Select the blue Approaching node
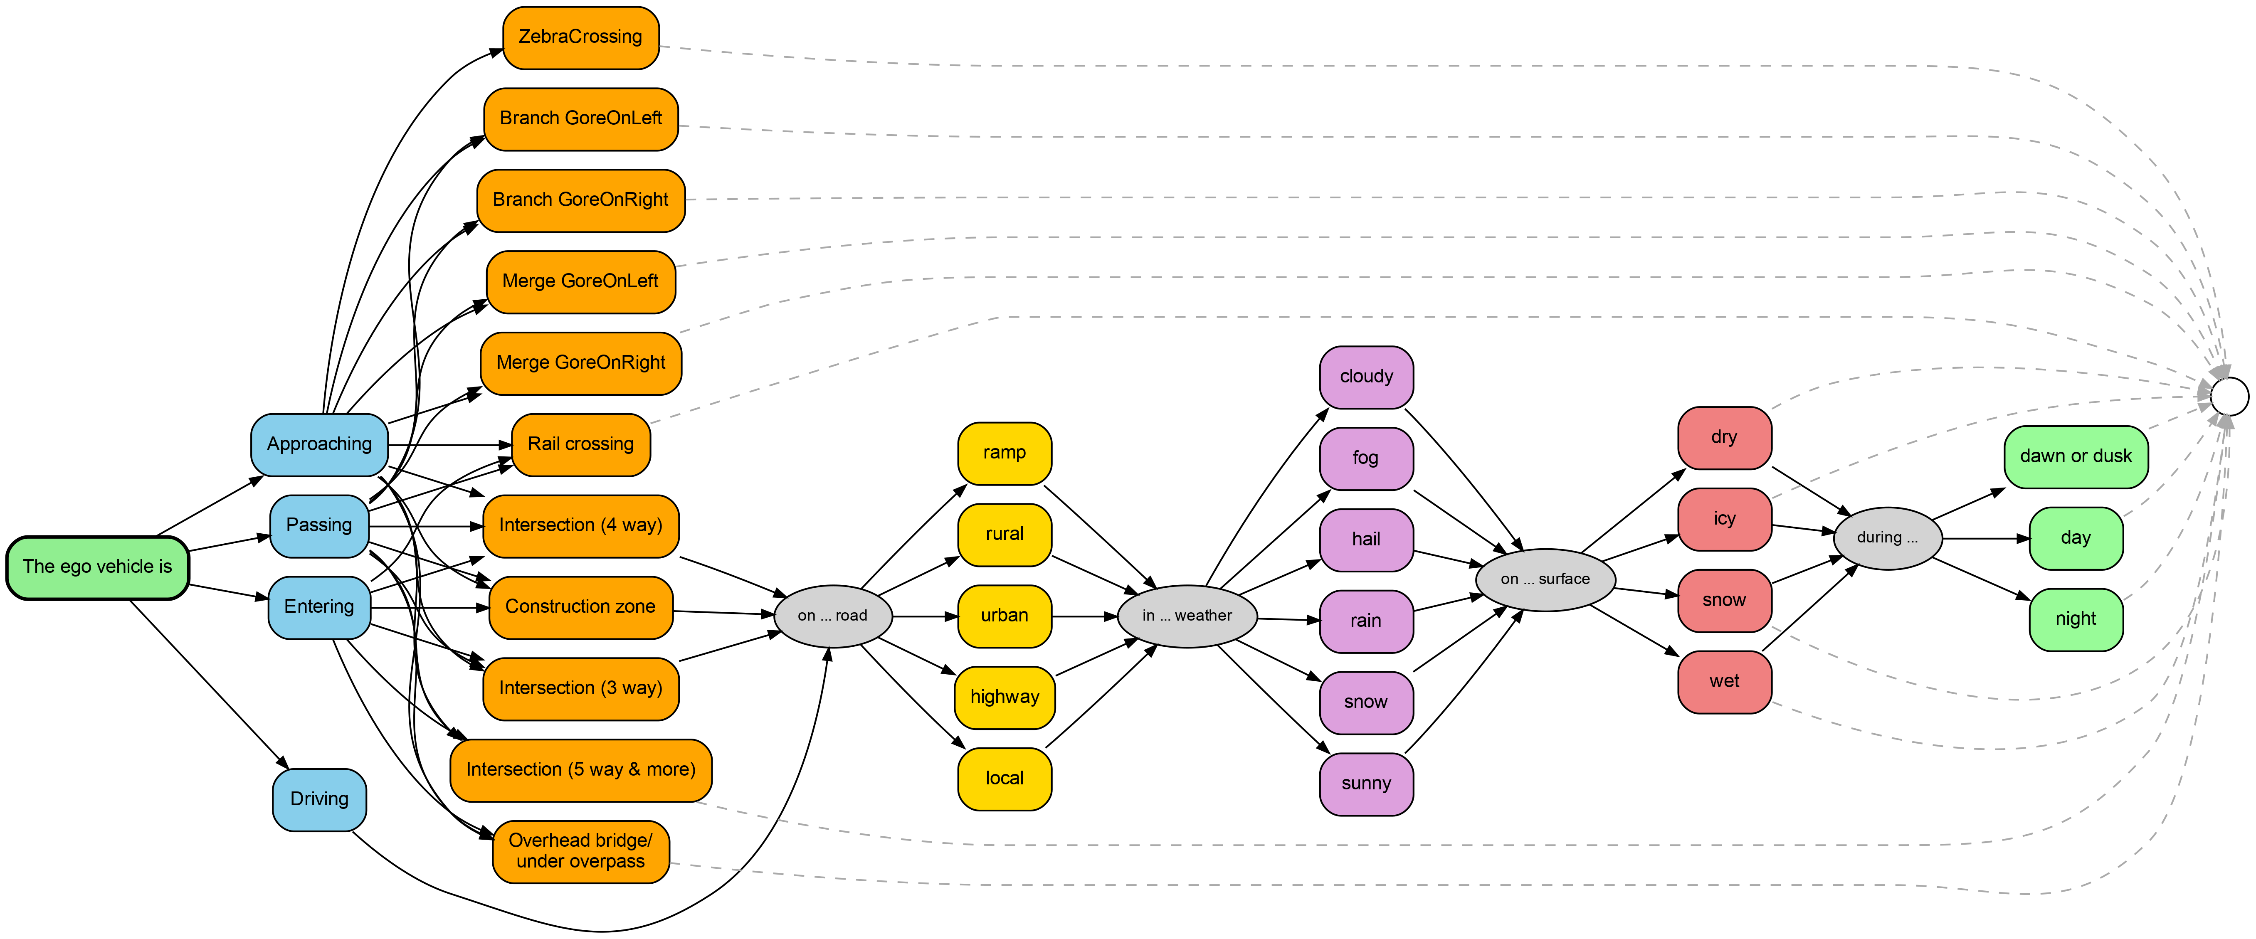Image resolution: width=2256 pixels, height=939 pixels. point(319,444)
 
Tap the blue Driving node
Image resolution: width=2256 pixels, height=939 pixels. point(319,799)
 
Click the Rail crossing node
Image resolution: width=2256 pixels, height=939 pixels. point(580,444)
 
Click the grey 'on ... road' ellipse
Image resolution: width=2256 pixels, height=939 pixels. point(832,616)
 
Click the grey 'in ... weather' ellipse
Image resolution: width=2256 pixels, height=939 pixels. point(1187,616)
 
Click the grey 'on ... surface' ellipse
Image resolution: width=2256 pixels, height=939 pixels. point(1545,579)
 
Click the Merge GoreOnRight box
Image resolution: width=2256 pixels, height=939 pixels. point(580,362)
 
